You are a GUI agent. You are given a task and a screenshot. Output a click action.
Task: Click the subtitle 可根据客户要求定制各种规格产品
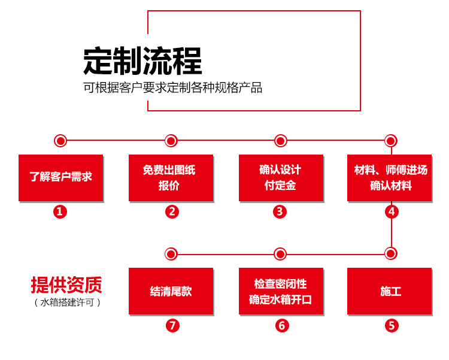click(x=172, y=87)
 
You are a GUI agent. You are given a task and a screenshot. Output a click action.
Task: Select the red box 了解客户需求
click(x=60, y=177)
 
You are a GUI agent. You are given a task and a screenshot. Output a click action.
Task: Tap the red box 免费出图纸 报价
click(x=171, y=177)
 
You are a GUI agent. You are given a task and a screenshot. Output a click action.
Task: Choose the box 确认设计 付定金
click(x=280, y=177)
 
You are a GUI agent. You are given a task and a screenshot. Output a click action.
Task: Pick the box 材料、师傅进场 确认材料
click(x=390, y=177)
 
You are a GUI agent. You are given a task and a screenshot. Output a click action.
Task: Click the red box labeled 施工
click(x=390, y=291)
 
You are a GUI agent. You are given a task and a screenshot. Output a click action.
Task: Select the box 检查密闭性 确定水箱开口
click(x=280, y=291)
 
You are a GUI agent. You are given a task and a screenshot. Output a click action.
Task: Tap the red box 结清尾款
click(x=171, y=291)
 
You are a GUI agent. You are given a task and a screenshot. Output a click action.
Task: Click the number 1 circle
click(x=60, y=211)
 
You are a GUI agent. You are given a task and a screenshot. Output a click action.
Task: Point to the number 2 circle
click(x=172, y=211)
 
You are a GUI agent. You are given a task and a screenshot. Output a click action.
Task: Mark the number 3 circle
click(x=280, y=211)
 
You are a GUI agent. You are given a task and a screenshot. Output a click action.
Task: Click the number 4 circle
click(x=391, y=211)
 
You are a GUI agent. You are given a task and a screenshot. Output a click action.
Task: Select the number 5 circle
click(x=391, y=326)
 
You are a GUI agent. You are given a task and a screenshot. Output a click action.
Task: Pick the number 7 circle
click(x=172, y=326)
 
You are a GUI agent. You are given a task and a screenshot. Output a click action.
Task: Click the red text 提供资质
click(x=66, y=284)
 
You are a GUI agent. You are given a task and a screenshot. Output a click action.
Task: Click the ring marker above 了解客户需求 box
click(x=60, y=141)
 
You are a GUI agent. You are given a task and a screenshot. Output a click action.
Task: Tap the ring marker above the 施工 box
click(x=391, y=253)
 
